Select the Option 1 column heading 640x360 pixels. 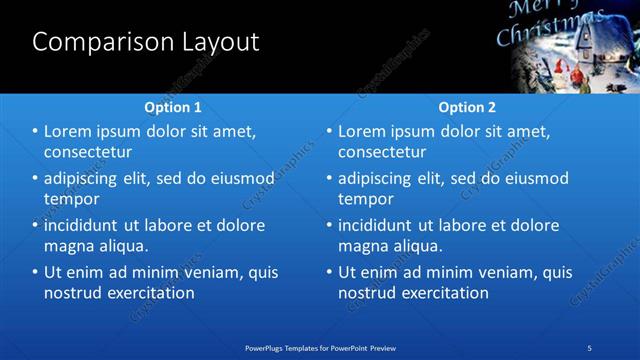click(x=173, y=107)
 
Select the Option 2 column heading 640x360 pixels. click(x=467, y=107)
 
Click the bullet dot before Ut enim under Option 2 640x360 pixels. click(x=329, y=272)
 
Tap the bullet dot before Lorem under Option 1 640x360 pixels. click(x=36, y=131)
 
